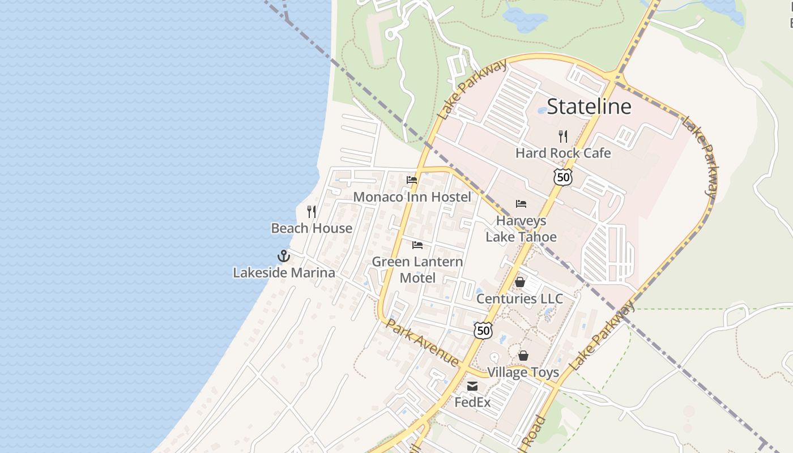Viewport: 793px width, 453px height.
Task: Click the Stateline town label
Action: click(x=589, y=106)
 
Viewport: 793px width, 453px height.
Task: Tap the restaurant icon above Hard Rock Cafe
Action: click(x=563, y=136)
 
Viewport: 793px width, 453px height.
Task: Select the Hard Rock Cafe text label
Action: click(x=563, y=153)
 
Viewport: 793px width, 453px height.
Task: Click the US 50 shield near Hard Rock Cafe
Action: click(x=563, y=177)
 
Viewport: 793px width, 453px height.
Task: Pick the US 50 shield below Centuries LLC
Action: click(x=483, y=331)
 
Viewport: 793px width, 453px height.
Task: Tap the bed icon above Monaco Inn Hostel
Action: click(x=412, y=180)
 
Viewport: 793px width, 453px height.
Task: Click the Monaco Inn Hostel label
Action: click(x=412, y=197)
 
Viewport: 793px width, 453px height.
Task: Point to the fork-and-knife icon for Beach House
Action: click(x=312, y=212)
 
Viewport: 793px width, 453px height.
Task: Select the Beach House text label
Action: click(x=312, y=228)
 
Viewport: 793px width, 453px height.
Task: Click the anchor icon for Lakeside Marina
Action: click(x=284, y=256)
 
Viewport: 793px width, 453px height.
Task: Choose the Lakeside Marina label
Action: click(x=284, y=273)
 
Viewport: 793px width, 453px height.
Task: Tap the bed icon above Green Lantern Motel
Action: click(x=417, y=245)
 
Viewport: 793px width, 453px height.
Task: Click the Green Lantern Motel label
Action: click(x=417, y=270)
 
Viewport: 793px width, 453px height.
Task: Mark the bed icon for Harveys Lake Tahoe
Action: click(x=521, y=204)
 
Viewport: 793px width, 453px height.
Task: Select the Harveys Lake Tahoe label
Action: click(x=521, y=229)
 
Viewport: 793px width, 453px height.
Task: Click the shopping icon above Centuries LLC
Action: click(x=520, y=282)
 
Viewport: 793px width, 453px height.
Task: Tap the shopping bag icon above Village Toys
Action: click(x=523, y=356)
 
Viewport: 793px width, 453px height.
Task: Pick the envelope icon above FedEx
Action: click(x=472, y=386)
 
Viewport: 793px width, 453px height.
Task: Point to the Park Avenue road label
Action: click(x=422, y=342)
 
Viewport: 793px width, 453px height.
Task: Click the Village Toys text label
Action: click(x=523, y=373)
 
